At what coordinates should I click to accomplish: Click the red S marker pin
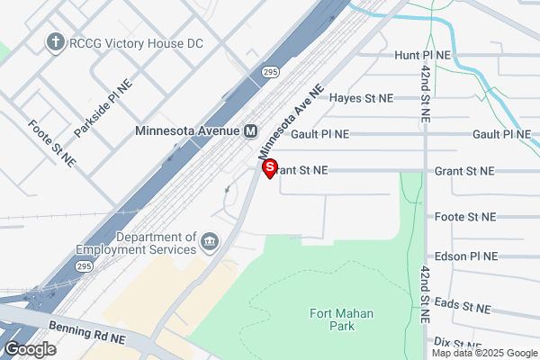coord(268,167)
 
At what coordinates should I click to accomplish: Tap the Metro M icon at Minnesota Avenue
coord(250,130)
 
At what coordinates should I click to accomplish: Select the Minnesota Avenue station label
coord(187,130)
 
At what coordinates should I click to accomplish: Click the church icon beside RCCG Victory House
coord(55,41)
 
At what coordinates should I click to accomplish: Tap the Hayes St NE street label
coord(362,97)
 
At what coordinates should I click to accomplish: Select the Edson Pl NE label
coord(465,256)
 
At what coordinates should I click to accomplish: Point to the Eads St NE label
coord(463,308)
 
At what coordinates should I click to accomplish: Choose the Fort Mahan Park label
coord(341,320)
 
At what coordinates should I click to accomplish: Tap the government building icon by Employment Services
coord(210,243)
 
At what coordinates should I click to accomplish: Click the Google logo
coord(30,349)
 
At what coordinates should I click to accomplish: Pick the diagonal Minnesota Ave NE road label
coord(291,121)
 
